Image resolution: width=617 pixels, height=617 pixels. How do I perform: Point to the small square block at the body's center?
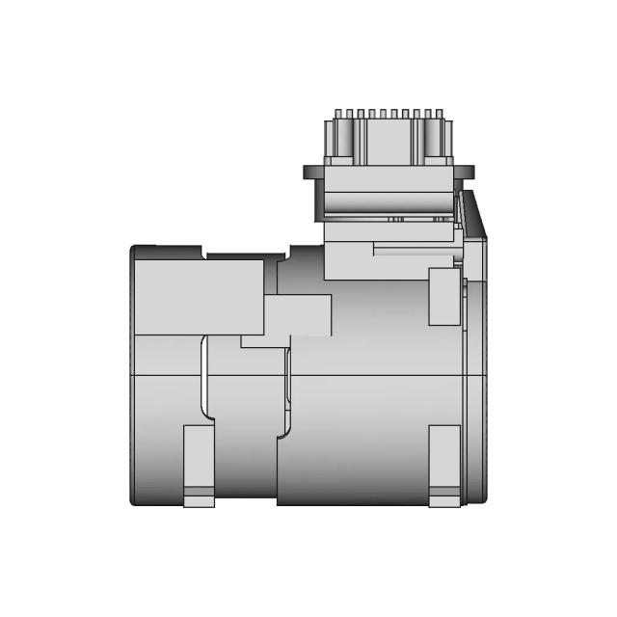coord(298,316)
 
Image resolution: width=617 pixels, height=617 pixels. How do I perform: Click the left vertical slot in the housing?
coord(203,381)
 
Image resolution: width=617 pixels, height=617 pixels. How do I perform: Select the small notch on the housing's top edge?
coord(205,254)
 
